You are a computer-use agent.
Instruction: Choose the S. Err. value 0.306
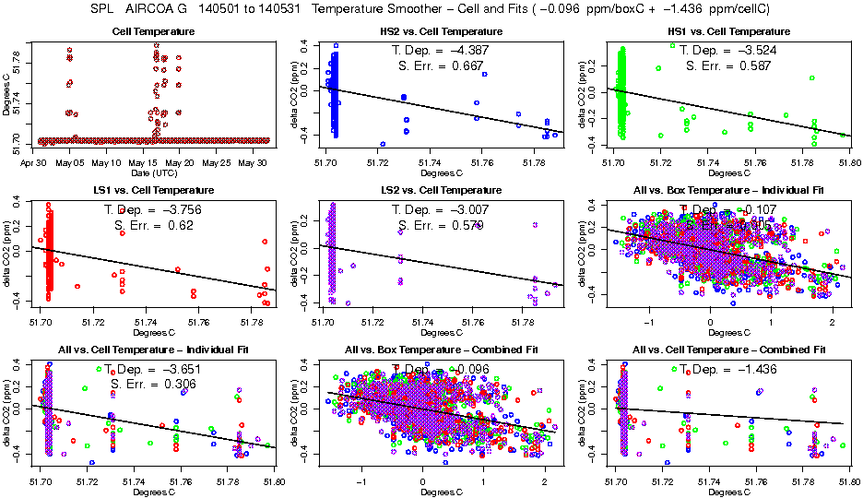[x=182, y=384]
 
